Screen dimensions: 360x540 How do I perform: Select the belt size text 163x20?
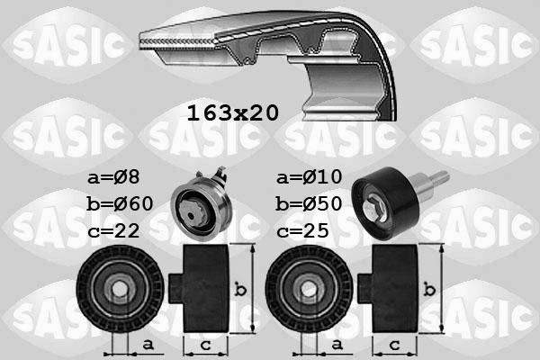[x=232, y=113]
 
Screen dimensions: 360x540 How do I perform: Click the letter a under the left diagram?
[x=147, y=344]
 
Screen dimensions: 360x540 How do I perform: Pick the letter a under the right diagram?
[x=337, y=344]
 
